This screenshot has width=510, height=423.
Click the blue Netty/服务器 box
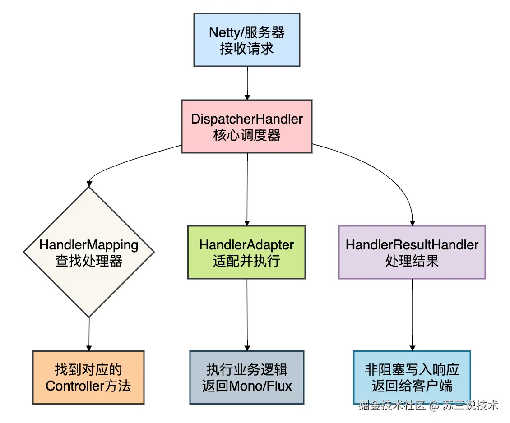click(247, 40)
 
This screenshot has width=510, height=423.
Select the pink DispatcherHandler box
click(247, 126)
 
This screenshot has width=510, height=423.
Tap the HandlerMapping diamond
click(89, 252)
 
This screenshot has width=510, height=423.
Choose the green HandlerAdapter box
click(246, 252)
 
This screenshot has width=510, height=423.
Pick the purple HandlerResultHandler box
click(412, 252)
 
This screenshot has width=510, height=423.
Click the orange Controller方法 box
click(88, 377)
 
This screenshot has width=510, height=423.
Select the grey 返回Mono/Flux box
click(247, 377)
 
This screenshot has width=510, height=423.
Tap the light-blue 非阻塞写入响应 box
click(412, 377)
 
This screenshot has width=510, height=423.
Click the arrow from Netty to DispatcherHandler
click(247, 83)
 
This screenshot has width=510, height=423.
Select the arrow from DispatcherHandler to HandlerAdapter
click(247, 189)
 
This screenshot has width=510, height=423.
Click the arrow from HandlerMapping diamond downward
click(89, 334)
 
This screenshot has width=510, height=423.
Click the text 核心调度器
click(247, 135)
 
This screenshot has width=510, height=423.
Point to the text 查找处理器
click(89, 261)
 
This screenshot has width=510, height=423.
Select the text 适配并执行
click(246, 261)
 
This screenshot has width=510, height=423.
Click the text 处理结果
click(412, 261)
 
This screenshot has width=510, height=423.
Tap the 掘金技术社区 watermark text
click(392, 405)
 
